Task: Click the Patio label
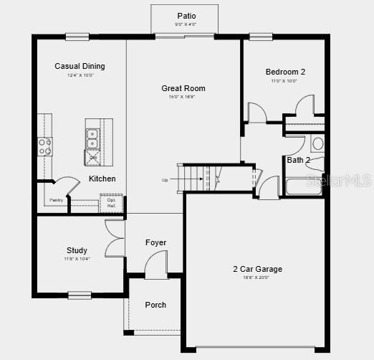click(x=186, y=16)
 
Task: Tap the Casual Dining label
click(x=80, y=66)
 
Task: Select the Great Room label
click(x=183, y=88)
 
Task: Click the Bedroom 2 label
click(x=285, y=72)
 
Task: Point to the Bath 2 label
click(x=298, y=160)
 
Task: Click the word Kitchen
click(x=102, y=179)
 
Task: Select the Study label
click(x=77, y=250)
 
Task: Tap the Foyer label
click(x=155, y=242)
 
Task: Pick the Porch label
click(x=155, y=305)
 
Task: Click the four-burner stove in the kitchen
click(x=45, y=147)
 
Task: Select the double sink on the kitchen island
click(x=93, y=138)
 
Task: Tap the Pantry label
click(x=56, y=200)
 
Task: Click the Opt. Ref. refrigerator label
click(x=111, y=203)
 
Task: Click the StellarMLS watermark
click(x=338, y=179)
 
